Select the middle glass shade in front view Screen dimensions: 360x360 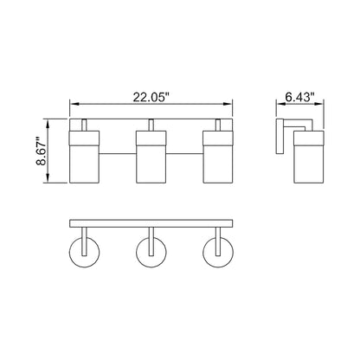(x=151, y=157)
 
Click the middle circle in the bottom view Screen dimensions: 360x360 (x=151, y=254)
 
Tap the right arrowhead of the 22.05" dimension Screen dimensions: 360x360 (x=230, y=102)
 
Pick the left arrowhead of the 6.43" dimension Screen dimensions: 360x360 (x=278, y=102)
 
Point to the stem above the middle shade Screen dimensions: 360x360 (x=151, y=125)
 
